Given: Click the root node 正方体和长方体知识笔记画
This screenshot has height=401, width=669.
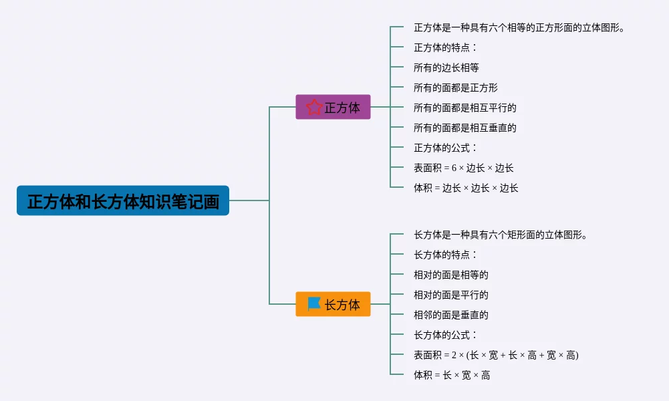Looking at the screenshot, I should [x=123, y=200].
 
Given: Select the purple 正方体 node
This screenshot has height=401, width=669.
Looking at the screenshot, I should [x=333, y=107].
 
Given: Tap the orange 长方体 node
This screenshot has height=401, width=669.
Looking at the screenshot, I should [x=333, y=304].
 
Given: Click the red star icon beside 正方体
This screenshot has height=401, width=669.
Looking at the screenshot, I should [x=314, y=107].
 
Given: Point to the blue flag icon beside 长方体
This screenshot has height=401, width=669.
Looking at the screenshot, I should [x=314, y=303].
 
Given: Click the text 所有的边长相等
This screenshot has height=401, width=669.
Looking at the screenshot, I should [x=446, y=68].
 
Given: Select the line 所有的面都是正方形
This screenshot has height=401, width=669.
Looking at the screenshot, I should [x=456, y=88].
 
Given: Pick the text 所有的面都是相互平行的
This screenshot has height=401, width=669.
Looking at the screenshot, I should [x=465, y=108].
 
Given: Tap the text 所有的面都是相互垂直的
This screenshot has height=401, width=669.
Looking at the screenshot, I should [x=465, y=128].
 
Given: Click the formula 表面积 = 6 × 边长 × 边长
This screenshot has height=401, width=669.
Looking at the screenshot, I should [x=464, y=168].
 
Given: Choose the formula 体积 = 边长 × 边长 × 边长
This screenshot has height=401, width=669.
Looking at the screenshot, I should [x=466, y=188].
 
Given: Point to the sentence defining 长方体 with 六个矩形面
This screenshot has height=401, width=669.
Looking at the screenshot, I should [x=501, y=235].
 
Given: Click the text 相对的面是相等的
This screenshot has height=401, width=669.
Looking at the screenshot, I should [x=451, y=275].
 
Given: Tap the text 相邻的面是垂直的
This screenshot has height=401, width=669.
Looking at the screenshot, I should [x=451, y=315].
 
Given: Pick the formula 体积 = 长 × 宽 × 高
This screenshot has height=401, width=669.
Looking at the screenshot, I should [x=452, y=375].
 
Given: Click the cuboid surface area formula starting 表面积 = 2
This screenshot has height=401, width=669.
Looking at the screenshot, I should [x=496, y=355].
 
